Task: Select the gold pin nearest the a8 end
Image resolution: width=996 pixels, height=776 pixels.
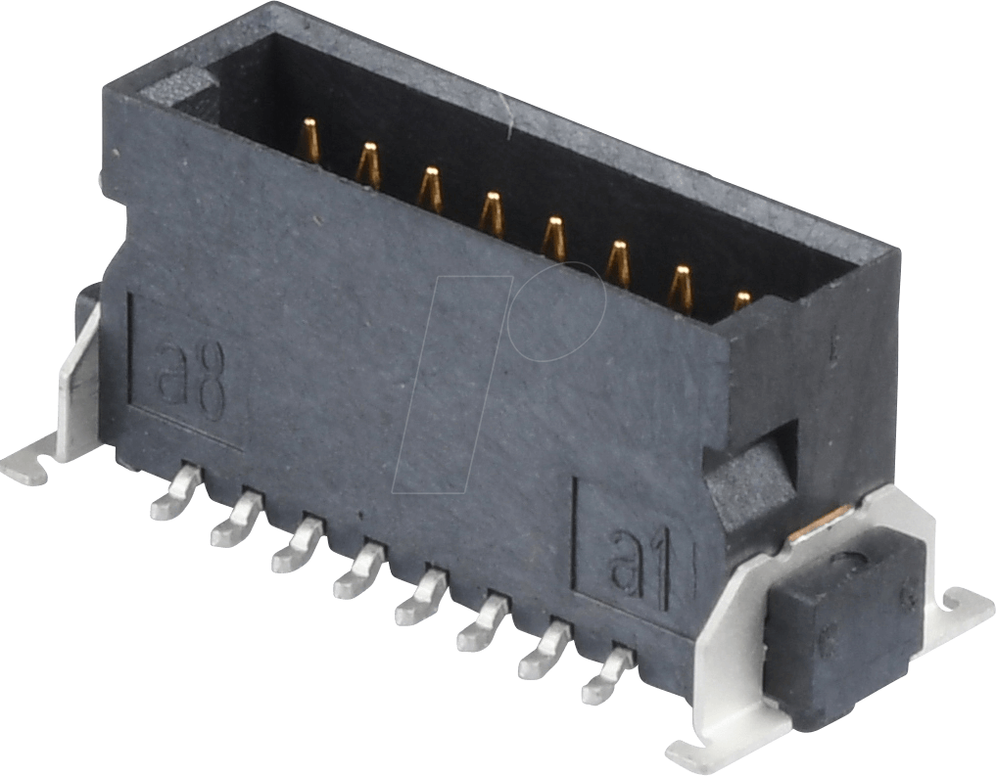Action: [308, 141]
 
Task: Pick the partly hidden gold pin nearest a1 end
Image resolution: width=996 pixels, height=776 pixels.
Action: [742, 300]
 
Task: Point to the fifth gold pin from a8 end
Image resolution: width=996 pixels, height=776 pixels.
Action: [553, 238]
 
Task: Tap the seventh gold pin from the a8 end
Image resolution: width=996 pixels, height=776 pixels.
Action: [680, 288]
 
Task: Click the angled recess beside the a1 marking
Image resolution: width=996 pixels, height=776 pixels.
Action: [748, 480]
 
